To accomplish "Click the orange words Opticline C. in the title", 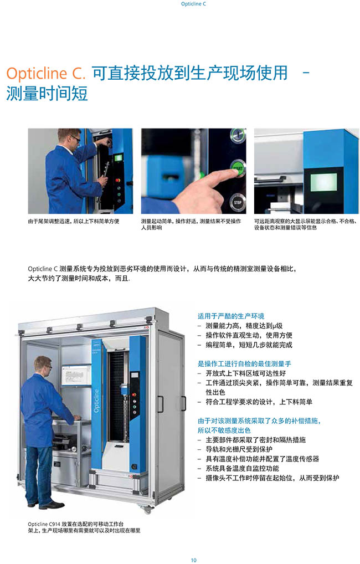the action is pyautogui.click(x=45, y=73).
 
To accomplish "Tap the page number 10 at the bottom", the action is pyautogui.click(x=194, y=560).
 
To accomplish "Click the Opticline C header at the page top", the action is pyautogui.click(x=193, y=4).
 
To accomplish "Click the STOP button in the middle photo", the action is pyautogui.click(x=238, y=203).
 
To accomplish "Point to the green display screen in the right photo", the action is pyautogui.click(x=323, y=182).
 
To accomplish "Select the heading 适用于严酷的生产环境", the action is pyautogui.click(x=231, y=316).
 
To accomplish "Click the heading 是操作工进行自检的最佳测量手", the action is pyautogui.click(x=244, y=363).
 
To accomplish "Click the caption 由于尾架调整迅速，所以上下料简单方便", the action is pyautogui.click(x=73, y=221).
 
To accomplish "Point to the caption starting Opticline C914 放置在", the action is pyautogui.click(x=84, y=527).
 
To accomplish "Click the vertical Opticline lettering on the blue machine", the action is pyautogui.click(x=96, y=401).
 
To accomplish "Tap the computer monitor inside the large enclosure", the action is pyautogui.click(x=76, y=376).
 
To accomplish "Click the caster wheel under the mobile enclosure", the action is pyautogui.click(x=146, y=509).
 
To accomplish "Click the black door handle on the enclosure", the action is pyautogui.click(x=184, y=403).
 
